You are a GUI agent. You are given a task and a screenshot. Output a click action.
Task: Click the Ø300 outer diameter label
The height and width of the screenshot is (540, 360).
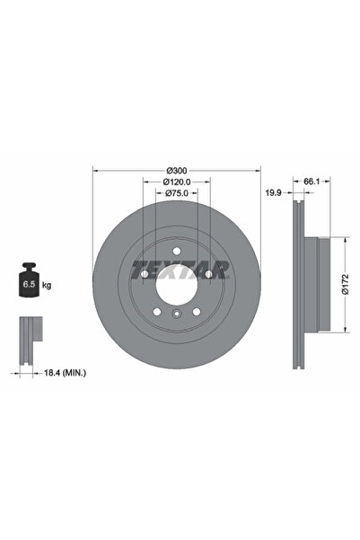click(x=177, y=171)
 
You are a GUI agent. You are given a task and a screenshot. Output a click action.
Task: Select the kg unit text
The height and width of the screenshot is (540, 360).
click(x=47, y=284)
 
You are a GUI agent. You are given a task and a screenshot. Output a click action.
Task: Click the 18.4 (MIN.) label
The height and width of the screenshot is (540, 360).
click(x=54, y=371)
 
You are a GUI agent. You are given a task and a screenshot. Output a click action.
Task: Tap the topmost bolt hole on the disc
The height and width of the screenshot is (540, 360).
click(x=177, y=250)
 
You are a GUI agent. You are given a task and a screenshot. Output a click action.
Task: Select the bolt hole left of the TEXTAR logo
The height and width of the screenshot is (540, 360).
click(x=144, y=274)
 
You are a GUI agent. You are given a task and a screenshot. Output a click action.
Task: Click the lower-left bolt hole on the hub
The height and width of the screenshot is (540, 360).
click(x=157, y=311)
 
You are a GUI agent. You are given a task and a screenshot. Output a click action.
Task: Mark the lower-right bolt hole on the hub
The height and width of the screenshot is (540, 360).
click(x=197, y=311)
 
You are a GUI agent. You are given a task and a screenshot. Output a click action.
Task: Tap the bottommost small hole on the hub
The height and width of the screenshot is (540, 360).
click(x=177, y=314)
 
